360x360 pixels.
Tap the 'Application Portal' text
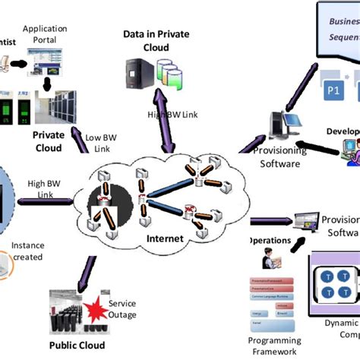[x=45, y=33]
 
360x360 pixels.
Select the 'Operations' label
[x=269, y=240]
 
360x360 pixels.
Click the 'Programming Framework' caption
[x=275, y=346]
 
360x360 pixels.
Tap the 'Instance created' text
[x=28, y=251]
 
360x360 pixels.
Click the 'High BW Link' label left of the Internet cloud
[x=45, y=188]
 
